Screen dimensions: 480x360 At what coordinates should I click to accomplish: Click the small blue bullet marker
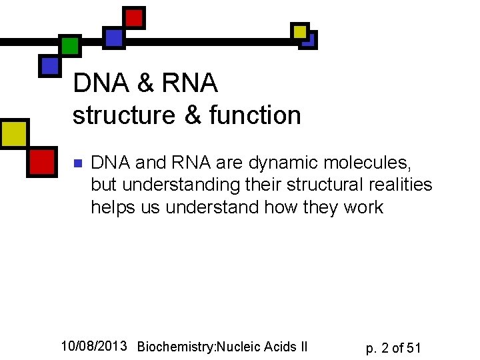point(77,163)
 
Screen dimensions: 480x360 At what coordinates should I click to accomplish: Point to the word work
point(363,207)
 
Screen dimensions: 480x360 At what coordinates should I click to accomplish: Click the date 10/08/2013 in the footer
point(93,345)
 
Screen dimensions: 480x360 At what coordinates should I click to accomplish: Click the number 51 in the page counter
point(413,347)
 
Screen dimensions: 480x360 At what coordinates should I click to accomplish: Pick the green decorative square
point(69,45)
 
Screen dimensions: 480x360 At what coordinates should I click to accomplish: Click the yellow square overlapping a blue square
point(301,31)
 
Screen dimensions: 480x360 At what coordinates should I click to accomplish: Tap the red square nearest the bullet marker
point(41,161)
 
